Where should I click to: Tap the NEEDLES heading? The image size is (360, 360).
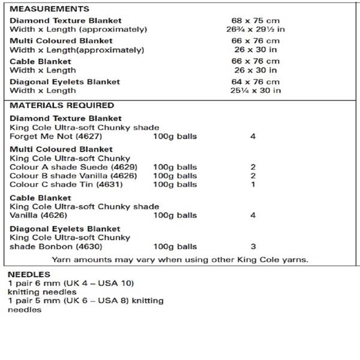(x=28, y=274)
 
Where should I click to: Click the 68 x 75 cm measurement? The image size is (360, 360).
(x=256, y=20)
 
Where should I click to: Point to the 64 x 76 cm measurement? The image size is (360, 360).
(x=256, y=82)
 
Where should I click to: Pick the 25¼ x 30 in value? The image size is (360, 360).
(x=256, y=91)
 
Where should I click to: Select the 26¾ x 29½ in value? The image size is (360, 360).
(x=256, y=29)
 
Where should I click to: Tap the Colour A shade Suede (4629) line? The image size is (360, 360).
(x=73, y=167)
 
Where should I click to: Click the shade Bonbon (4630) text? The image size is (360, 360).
(x=56, y=247)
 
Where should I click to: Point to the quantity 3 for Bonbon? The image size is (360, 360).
(x=253, y=247)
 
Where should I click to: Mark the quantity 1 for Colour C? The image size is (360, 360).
(x=253, y=185)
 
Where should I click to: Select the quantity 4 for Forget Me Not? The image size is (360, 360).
(x=253, y=136)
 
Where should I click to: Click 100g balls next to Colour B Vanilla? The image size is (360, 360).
(x=175, y=176)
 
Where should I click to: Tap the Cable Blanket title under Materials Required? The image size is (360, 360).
(x=40, y=197)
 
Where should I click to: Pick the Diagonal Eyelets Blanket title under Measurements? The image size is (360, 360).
(x=65, y=82)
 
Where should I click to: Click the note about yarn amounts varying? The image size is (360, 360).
(x=180, y=260)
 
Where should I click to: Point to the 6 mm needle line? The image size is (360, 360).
(x=71, y=283)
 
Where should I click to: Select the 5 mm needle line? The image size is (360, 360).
(x=85, y=301)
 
